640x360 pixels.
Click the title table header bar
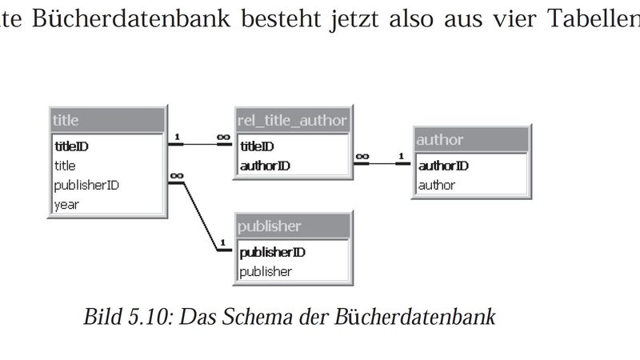click(107, 121)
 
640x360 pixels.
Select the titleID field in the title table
click(71, 146)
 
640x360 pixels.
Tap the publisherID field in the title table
click(86, 185)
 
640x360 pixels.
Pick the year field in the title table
click(66, 204)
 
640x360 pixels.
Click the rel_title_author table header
click(293, 121)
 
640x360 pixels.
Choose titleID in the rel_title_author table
click(257, 146)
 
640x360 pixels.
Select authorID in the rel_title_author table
click(265, 166)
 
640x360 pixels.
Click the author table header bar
click(470, 140)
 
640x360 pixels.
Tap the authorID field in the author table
click(443, 166)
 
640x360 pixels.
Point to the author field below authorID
click(437, 185)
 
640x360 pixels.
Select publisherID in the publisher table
click(273, 252)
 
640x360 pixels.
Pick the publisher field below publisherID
click(266, 271)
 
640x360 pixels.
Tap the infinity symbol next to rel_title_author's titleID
click(223, 138)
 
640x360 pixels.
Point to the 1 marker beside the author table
click(400, 157)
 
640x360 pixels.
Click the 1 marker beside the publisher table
click(222, 242)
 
